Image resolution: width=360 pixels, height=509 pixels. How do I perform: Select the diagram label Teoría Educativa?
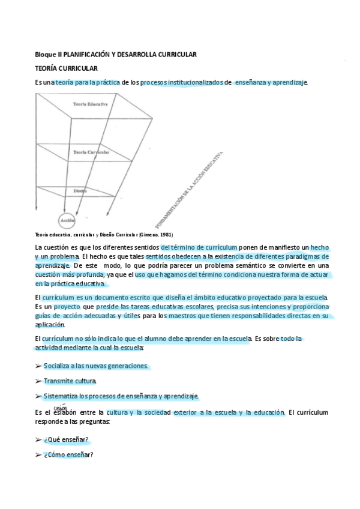90,104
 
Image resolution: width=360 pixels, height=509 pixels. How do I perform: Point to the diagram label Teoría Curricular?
90,152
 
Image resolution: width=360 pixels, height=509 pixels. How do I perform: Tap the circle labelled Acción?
67,220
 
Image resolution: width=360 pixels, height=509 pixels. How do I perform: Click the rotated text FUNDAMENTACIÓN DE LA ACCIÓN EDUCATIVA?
191,190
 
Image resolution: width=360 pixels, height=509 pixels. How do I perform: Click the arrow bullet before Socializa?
38,366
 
